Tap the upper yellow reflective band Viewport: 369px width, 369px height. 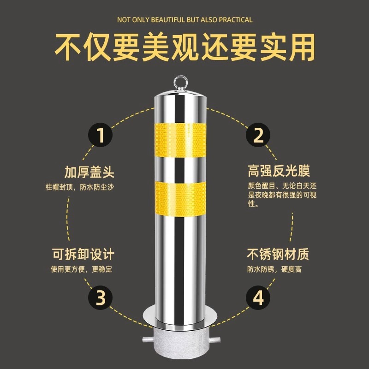tap(180, 140)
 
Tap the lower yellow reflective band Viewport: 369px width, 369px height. tap(180, 198)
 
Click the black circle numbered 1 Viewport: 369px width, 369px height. tap(100, 135)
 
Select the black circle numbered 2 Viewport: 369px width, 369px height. tap(258, 135)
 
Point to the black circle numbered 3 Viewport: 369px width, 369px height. tap(100, 298)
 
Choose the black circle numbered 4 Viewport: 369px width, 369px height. tap(258, 298)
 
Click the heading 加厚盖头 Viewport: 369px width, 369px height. tap(89, 172)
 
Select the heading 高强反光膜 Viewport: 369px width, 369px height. tap(279, 171)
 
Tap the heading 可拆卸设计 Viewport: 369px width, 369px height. tap(83, 254)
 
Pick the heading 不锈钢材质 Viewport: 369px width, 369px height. tap(278, 254)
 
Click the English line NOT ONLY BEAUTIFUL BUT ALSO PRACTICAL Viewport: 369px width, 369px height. tap(185, 20)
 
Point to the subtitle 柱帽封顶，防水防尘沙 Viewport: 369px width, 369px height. tap(80, 187)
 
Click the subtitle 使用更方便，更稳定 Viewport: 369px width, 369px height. tap(82, 269)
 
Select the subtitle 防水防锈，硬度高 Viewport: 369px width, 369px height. tap(274, 269)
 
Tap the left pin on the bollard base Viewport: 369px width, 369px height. tap(148, 340)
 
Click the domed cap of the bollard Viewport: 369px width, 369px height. tap(180, 94)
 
